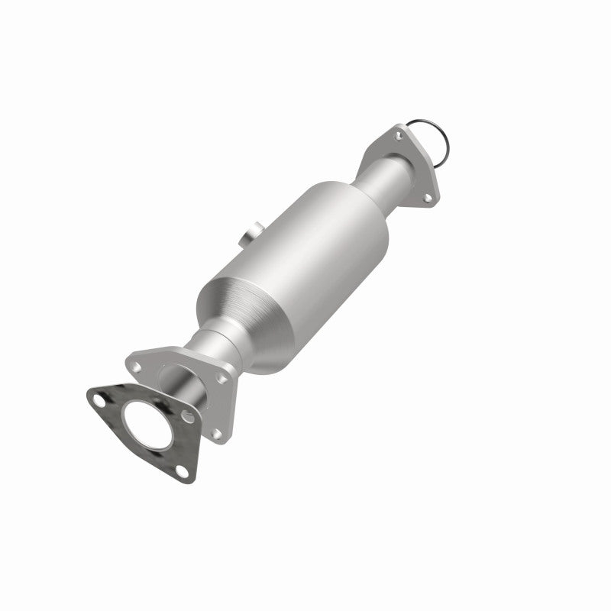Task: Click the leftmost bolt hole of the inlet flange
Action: (x=135, y=367)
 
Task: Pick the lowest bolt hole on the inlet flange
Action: (x=217, y=433)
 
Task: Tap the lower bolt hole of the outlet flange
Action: (x=426, y=199)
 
